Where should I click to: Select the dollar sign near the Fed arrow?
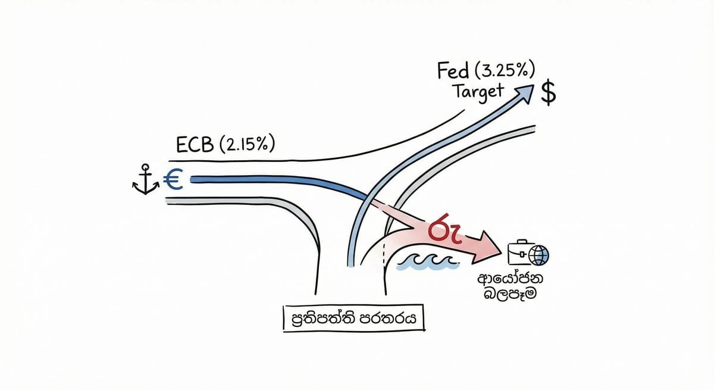pos(548,93)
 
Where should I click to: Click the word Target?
pos(477,92)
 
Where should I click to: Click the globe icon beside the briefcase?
pos(539,255)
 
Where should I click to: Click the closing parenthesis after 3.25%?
pos(531,71)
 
